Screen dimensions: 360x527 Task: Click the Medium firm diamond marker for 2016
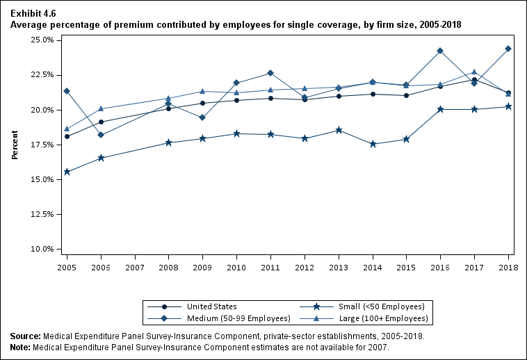pyautogui.click(x=440, y=51)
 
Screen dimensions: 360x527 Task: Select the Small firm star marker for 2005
pyautogui.click(x=67, y=172)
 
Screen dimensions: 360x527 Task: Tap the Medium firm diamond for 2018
pyautogui.click(x=508, y=49)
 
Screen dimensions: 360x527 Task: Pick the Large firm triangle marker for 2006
pyautogui.click(x=101, y=108)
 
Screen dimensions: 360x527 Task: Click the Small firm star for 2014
pyautogui.click(x=373, y=144)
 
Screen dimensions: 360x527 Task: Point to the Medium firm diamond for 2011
pyautogui.click(x=270, y=73)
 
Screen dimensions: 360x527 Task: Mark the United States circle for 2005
pyautogui.click(x=67, y=136)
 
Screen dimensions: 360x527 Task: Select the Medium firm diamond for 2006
pyautogui.click(x=101, y=135)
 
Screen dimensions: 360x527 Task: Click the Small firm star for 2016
pyautogui.click(x=440, y=109)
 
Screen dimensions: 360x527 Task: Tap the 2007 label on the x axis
pyautogui.click(x=135, y=267)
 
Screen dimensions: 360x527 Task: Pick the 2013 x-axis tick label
pyautogui.click(x=339, y=267)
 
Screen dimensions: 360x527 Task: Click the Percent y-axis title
pyautogui.click(x=15, y=144)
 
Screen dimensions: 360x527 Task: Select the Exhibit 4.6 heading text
pyautogui.click(x=33, y=13)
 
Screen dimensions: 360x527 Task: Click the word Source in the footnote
pyautogui.click(x=25, y=336)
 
